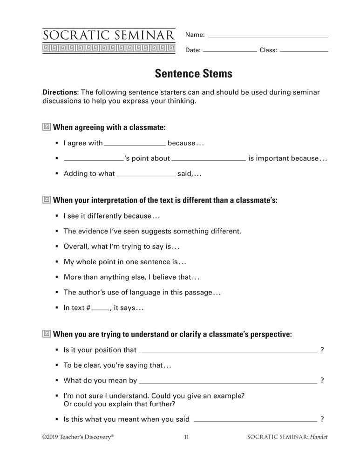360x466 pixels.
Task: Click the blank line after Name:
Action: [x=268, y=36]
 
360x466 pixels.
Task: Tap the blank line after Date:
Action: [x=230, y=50]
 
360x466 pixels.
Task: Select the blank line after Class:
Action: [x=305, y=50]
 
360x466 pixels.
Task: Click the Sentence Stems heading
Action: [x=193, y=73]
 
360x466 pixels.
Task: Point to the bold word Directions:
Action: [x=61, y=92]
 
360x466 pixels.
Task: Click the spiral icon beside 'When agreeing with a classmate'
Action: [x=47, y=127]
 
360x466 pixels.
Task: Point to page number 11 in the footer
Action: [x=186, y=437]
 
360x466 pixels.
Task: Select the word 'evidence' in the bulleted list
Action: [x=91, y=231]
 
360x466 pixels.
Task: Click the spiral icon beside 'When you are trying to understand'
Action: [x=47, y=334]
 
